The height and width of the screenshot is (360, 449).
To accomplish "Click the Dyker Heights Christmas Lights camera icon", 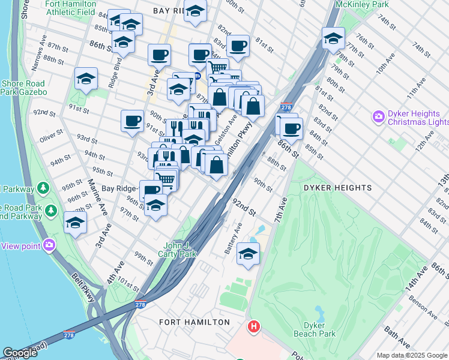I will [x=379, y=116].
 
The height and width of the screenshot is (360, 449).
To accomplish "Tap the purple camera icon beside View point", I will [x=49, y=245].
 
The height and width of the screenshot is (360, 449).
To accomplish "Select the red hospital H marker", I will [x=254, y=327].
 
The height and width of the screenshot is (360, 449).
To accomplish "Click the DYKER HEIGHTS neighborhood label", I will [x=337, y=188].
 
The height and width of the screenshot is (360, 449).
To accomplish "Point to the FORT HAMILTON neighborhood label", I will [x=194, y=322].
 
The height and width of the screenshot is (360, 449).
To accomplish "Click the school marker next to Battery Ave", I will [x=248, y=253].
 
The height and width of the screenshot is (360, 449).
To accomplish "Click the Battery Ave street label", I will [x=234, y=238].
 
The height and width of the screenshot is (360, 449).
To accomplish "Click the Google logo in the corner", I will [x=20, y=353].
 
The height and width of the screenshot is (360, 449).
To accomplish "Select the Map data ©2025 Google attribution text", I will [x=411, y=355].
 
